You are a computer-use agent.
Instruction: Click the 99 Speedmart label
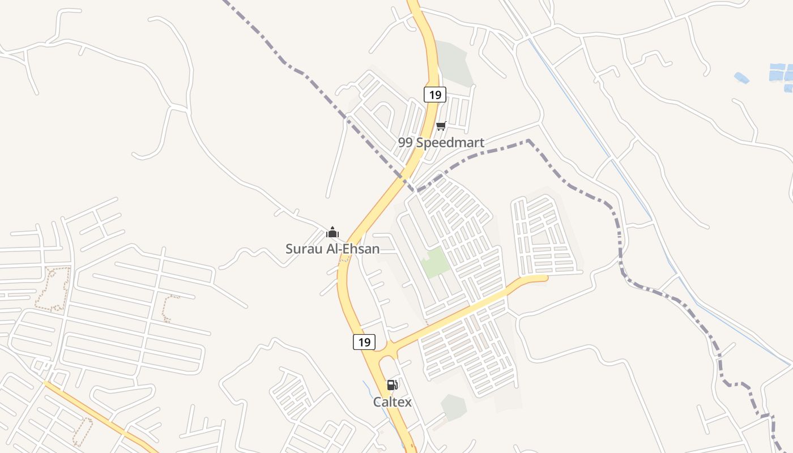click(441, 143)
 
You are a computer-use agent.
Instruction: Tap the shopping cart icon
click(441, 126)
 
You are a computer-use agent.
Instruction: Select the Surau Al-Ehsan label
click(332, 249)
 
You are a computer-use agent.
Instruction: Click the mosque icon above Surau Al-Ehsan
click(332, 232)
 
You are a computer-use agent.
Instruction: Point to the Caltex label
click(392, 402)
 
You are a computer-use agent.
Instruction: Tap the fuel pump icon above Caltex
click(392, 386)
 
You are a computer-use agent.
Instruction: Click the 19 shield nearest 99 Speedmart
click(434, 95)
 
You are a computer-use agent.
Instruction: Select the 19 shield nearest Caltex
click(364, 342)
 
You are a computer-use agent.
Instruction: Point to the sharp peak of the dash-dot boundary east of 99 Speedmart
click(528, 140)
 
